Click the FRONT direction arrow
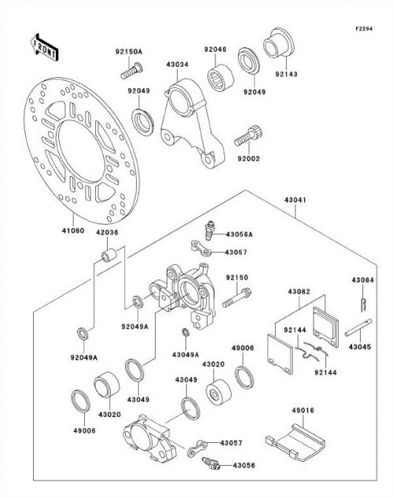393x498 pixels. [x=44, y=47]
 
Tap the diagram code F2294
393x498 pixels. [x=364, y=28]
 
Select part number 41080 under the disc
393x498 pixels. [x=73, y=231]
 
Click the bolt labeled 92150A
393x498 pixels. [x=131, y=71]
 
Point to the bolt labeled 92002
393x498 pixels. [x=248, y=136]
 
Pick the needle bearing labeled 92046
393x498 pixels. [x=221, y=78]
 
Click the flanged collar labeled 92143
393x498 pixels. [x=278, y=42]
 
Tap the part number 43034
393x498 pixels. [x=178, y=64]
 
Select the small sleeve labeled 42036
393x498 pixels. [x=109, y=254]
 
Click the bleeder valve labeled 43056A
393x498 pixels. [x=210, y=231]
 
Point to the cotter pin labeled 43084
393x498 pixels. [x=363, y=305]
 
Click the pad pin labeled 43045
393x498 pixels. [x=358, y=328]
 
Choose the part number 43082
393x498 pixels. [x=299, y=291]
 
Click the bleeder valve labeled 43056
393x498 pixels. [x=211, y=463]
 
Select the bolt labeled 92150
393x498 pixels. [x=237, y=298]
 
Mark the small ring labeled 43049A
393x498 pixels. [x=185, y=332]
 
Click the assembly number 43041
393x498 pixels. [x=296, y=200]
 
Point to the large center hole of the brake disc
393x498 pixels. [x=81, y=151]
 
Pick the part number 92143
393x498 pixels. [x=286, y=74]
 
